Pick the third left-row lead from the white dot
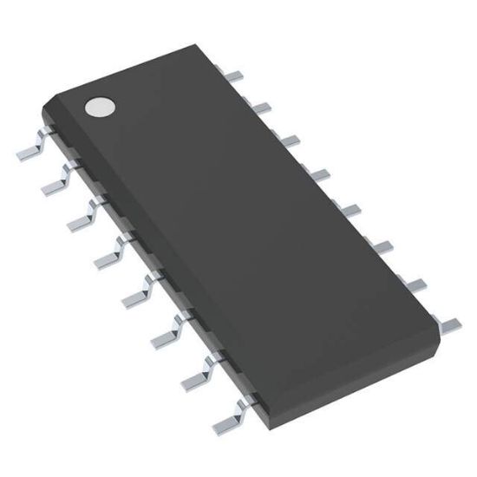point(82,217)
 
